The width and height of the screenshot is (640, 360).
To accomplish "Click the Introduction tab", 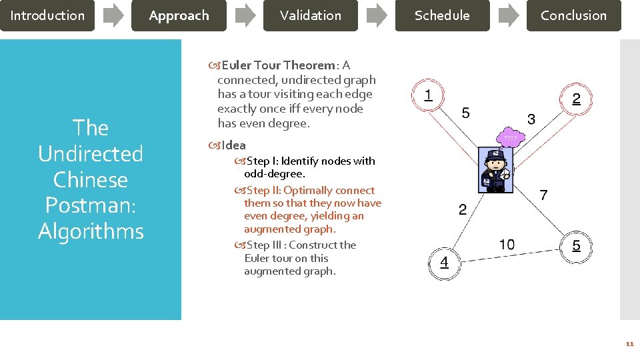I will tap(47, 15).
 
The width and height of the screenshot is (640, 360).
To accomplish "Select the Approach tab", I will tap(179, 15).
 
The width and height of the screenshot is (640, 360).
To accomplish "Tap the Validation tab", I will tap(310, 15).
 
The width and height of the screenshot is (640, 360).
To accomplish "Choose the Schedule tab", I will tap(442, 15).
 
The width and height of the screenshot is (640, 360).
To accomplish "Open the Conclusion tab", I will tap(573, 15).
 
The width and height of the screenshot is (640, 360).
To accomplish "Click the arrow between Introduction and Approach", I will tap(113, 15).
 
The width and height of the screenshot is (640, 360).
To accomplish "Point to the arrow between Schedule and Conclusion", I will tap(509, 15).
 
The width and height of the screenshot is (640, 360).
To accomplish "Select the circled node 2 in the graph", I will tap(576, 99).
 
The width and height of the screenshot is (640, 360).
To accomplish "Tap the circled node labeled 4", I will tap(444, 262).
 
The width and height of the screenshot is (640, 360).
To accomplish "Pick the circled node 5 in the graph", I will tap(576, 246).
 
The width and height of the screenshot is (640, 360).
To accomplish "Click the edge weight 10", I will tap(507, 245).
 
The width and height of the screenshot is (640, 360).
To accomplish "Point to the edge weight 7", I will tap(543, 195).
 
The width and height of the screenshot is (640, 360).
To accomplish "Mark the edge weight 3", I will tap(531, 119).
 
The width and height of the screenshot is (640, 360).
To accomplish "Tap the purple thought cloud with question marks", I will tap(510, 137).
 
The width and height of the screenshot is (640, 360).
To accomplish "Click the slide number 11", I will tap(629, 344).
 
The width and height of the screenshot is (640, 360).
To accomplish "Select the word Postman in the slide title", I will tap(91, 205).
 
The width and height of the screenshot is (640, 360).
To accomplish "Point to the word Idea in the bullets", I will tap(233, 145).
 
